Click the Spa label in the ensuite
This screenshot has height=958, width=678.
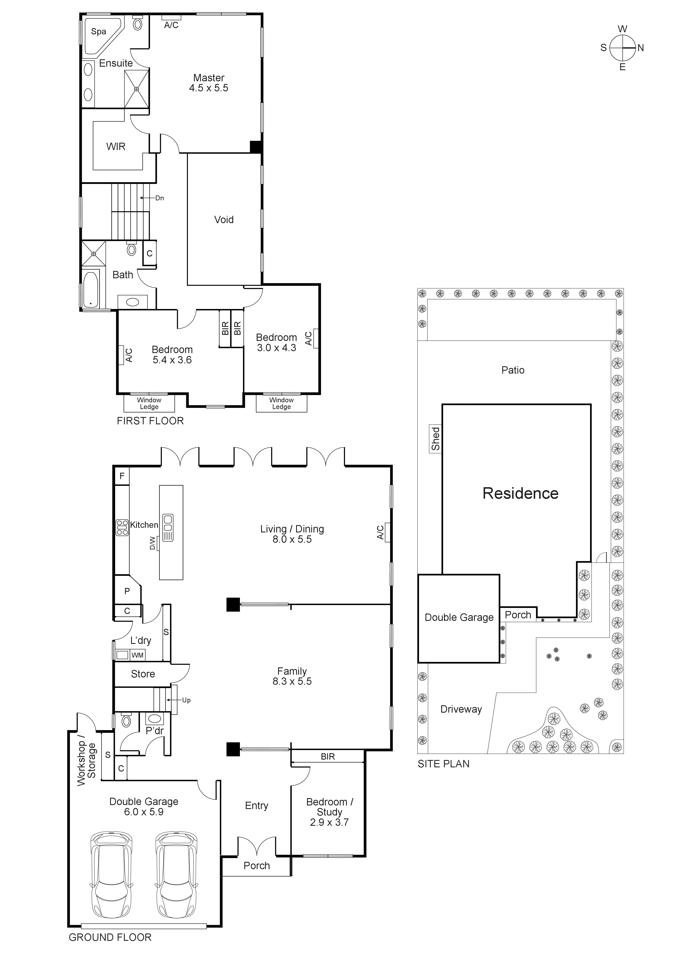click(x=99, y=32)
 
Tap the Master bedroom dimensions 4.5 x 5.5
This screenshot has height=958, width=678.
click(x=209, y=88)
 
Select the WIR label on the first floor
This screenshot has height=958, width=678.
click(x=116, y=147)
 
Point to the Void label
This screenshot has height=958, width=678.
click(x=224, y=220)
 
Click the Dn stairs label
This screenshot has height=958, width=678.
click(x=159, y=198)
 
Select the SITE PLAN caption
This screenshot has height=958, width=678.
click(x=443, y=764)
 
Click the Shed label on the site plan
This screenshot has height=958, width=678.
click(x=435, y=439)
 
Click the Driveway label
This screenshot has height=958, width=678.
click(x=461, y=709)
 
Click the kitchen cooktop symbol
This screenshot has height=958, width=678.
click(x=122, y=527)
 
